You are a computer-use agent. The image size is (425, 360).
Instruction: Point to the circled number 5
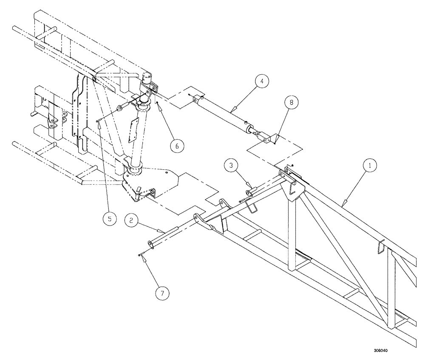pyautogui.click(x=110, y=219)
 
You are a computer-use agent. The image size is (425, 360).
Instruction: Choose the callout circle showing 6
pyautogui.click(x=178, y=145)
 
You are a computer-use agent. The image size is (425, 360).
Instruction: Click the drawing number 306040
pyautogui.click(x=381, y=351)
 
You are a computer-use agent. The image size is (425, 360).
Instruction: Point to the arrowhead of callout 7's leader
pyautogui.click(x=141, y=254)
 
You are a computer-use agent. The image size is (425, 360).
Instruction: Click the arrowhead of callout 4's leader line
pyautogui.click(x=231, y=112)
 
